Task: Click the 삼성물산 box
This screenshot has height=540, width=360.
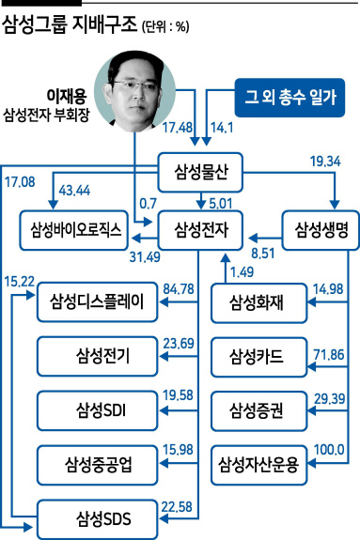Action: [x=200, y=172]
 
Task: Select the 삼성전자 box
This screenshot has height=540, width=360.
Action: [x=200, y=230]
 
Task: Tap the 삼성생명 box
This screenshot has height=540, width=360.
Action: [x=321, y=230]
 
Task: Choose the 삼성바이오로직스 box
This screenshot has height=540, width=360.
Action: [x=74, y=230]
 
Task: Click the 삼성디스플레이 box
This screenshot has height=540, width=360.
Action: [x=97, y=302]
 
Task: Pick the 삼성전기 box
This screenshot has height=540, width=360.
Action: [x=97, y=357]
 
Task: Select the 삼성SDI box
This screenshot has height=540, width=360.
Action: [x=97, y=410]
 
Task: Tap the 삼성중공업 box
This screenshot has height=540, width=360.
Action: [x=97, y=465]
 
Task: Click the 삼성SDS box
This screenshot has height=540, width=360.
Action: [x=97, y=519]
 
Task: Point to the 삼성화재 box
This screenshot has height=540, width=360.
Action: [x=259, y=303]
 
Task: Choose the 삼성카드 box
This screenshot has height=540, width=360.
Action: [x=259, y=357]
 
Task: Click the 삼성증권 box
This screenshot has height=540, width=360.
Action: [x=259, y=410]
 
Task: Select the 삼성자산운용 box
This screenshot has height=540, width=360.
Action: [x=259, y=465]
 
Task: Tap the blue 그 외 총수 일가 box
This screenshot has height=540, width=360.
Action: [x=290, y=98]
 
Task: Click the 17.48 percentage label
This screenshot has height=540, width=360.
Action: [x=178, y=128]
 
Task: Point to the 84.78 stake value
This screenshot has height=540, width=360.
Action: [x=179, y=289]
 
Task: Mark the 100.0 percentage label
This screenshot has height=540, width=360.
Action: [x=329, y=450]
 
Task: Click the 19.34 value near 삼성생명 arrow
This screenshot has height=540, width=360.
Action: [x=325, y=162]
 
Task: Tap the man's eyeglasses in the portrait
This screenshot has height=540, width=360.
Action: [x=135, y=84]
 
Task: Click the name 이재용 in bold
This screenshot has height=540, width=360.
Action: [x=67, y=96]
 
